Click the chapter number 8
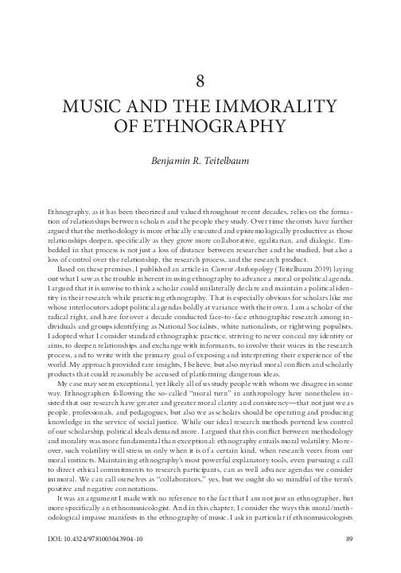200,80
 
